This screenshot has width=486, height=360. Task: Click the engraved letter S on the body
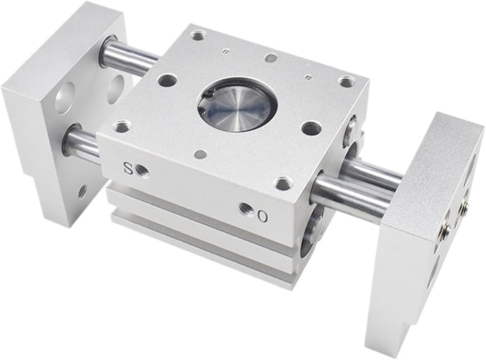pos(128,168)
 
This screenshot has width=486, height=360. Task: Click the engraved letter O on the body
pos(262,216)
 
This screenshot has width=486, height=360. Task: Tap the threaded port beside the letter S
pos(143,170)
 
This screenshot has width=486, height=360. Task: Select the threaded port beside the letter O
pos(247,209)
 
